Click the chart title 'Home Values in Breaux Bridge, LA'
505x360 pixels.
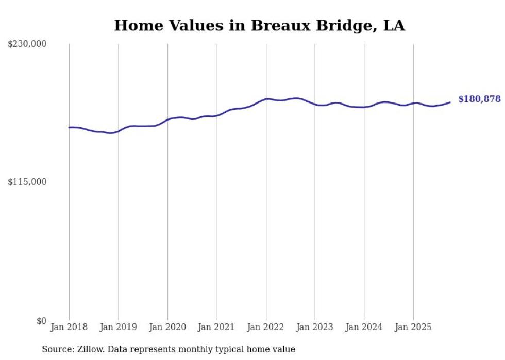coord(259,25)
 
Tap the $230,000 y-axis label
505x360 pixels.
coord(27,44)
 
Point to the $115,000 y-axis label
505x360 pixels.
coord(27,182)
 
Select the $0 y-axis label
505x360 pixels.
coord(41,321)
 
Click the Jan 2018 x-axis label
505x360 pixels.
coord(69,327)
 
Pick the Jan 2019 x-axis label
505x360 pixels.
coord(119,327)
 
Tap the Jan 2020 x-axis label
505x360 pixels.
coord(167,327)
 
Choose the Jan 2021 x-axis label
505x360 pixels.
coord(217,327)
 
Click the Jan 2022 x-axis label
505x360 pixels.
coord(266,327)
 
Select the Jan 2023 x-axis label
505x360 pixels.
coord(315,327)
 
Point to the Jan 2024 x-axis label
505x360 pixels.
coord(364,327)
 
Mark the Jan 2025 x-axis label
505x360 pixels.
coord(413,327)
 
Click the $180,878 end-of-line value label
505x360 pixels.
coord(479,99)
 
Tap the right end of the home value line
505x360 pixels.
coord(450,102)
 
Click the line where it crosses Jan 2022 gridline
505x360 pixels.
coord(266,99)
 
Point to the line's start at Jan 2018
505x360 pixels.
coord(69,127)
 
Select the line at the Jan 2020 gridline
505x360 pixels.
coord(167,119)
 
